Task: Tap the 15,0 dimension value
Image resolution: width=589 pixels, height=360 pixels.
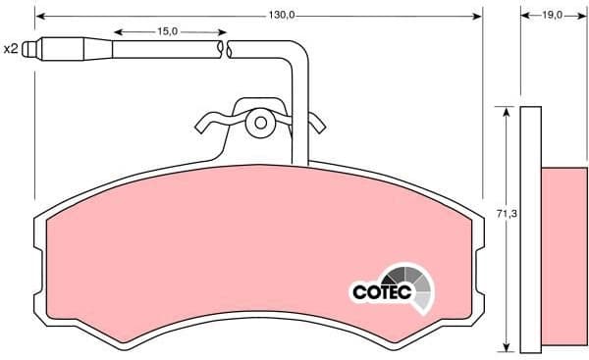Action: coord(167,31)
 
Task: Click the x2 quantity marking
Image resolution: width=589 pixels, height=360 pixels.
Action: coord(12,48)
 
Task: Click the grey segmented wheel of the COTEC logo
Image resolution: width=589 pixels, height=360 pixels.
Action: coord(411,285)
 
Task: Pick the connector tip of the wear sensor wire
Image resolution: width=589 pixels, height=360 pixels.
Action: coord(34,47)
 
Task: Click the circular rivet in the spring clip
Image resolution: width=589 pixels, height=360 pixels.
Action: coord(261,124)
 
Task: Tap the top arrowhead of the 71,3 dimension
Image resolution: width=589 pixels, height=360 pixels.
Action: coord(507,112)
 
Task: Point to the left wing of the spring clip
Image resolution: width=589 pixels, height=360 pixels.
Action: coord(209,124)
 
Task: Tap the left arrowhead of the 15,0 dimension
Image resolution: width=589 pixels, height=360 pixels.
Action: coord(117,31)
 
